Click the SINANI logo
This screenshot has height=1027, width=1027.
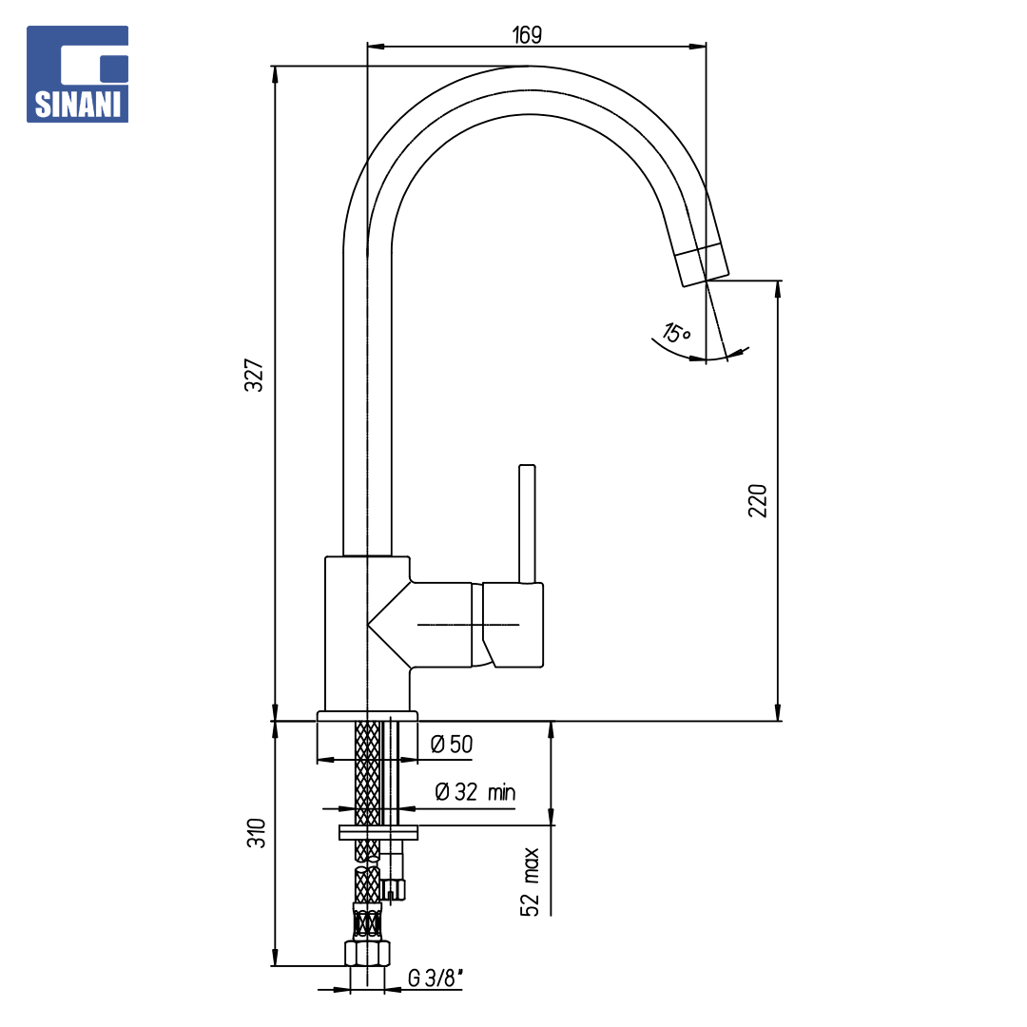[x=77, y=74]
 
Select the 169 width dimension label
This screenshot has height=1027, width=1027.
[x=527, y=35]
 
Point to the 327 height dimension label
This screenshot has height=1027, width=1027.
[x=254, y=376]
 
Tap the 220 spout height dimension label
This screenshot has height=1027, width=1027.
[x=757, y=501]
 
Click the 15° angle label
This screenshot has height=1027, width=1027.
[x=677, y=333]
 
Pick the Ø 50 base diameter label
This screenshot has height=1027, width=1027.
[x=452, y=744]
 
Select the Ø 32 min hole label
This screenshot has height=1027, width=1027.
[x=475, y=792]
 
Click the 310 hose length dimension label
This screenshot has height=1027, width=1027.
[x=256, y=833]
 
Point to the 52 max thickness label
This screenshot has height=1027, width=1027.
[x=530, y=882]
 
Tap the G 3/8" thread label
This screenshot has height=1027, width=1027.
[x=436, y=978]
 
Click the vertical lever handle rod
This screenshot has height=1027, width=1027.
[x=527, y=524]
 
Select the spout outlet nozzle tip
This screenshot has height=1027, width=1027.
[x=702, y=264]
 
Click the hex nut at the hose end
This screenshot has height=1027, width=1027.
[x=367, y=953]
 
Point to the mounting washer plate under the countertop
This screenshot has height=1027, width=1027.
[x=378, y=832]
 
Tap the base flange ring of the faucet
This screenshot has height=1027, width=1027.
[x=367, y=716]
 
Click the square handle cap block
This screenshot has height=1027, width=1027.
[x=513, y=625]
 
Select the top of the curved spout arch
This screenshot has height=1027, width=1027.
[x=528, y=67]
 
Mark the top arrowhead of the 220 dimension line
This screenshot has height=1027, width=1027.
[x=778, y=289]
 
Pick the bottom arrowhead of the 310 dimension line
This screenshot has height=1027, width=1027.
[x=275, y=958]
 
